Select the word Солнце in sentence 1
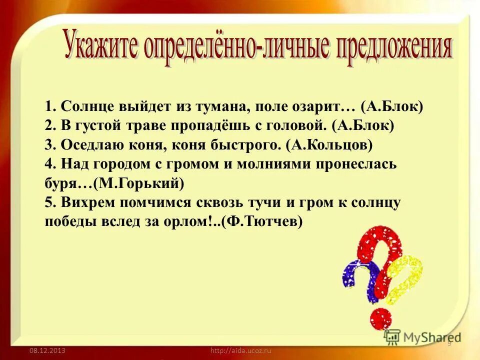[x=87, y=107]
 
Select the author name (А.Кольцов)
[x=329, y=145]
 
